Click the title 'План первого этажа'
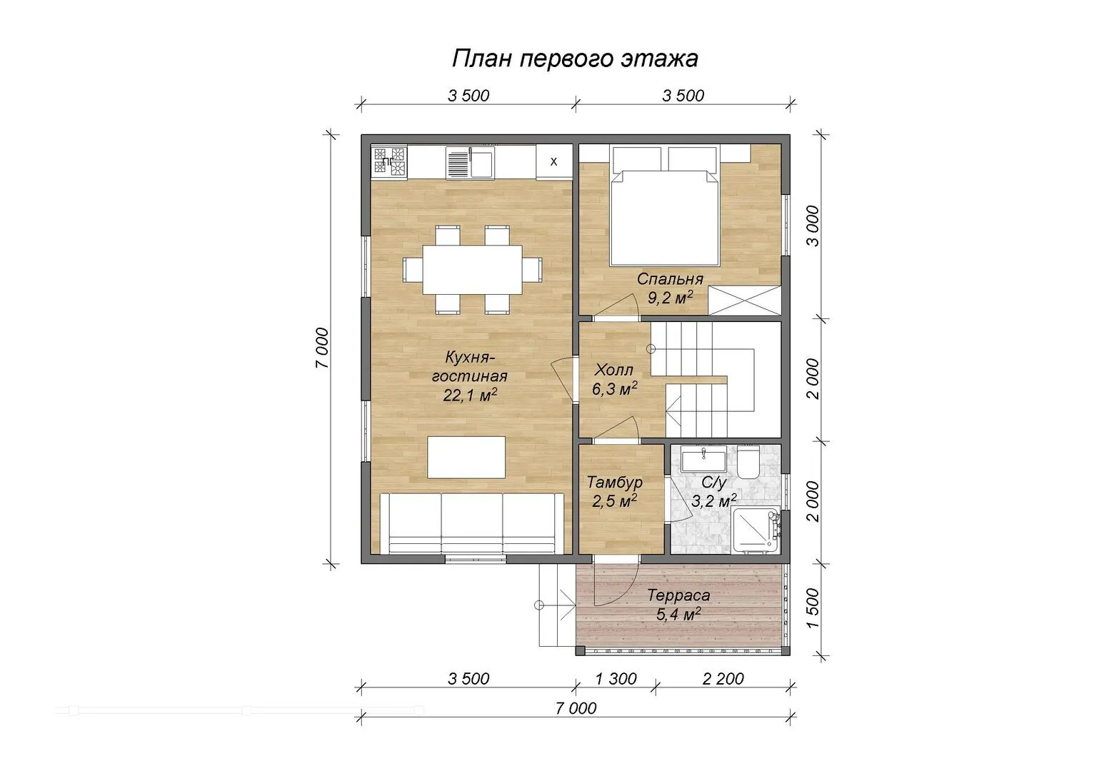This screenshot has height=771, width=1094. [x=575, y=59]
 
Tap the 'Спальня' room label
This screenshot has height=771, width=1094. [x=670, y=279]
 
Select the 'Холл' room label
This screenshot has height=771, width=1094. [x=613, y=370]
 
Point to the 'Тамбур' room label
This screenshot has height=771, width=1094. [x=614, y=483]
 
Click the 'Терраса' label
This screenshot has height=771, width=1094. [x=678, y=595]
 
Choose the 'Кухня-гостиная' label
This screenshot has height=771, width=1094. [x=470, y=367]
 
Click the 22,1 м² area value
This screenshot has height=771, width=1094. [x=470, y=395]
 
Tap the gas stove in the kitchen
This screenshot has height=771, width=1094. [x=389, y=161]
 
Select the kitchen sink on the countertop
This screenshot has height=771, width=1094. [x=470, y=162]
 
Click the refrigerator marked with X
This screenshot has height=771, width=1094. [x=554, y=161]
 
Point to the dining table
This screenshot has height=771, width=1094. [x=472, y=270]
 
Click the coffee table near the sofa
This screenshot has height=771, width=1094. [x=466, y=457]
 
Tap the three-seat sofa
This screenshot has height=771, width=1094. [x=471, y=523]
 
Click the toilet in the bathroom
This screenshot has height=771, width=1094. [x=748, y=462]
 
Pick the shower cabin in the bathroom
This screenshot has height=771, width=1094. [x=755, y=530]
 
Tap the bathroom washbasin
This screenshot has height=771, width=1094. [x=703, y=459]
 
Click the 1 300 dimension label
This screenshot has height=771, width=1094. [x=616, y=679]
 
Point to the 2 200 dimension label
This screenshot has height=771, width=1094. [x=723, y=679]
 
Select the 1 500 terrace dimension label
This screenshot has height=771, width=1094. [x=812, y=608]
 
